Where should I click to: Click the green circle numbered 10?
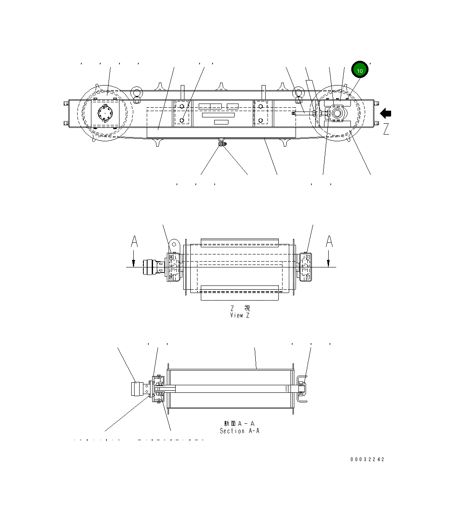[x=360, y=70]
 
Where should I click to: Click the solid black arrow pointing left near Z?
[x=386, y=113]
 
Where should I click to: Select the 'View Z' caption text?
[x=240, y=315]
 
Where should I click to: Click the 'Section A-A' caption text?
[x=240, y=431]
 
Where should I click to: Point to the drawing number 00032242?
[x=367, y=459]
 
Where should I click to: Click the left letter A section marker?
[x=134, y=242]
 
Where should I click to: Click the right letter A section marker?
[x=329, y=242]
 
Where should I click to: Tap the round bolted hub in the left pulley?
[x=105, y=113]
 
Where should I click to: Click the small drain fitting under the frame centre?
[x=222, y=144]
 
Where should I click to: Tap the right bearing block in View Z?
[x=306, y=267]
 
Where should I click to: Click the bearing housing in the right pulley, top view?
[x=337, y=114]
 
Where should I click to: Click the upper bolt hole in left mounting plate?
[x=182, y=106]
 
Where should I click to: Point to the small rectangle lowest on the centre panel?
[x=221, y=122]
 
